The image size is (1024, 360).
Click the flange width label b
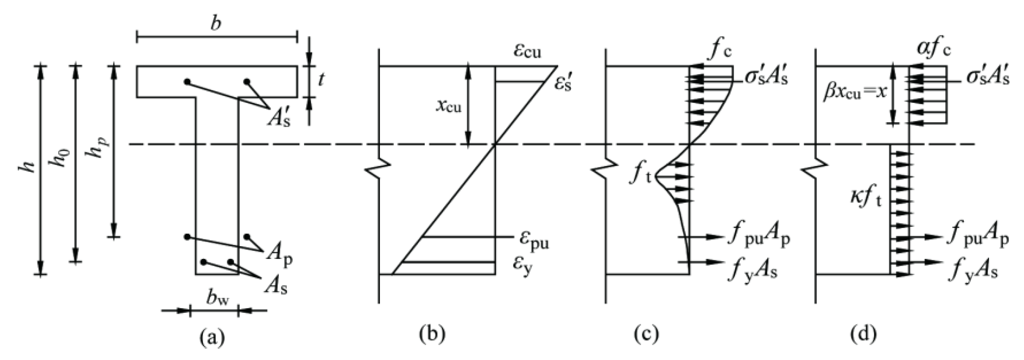coord(216,24)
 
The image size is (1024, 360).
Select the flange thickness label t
coord(321,79)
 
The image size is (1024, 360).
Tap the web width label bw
coord(218,299)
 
